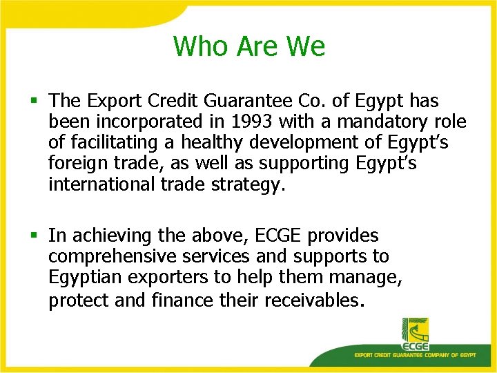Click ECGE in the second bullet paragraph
[279, 236]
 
